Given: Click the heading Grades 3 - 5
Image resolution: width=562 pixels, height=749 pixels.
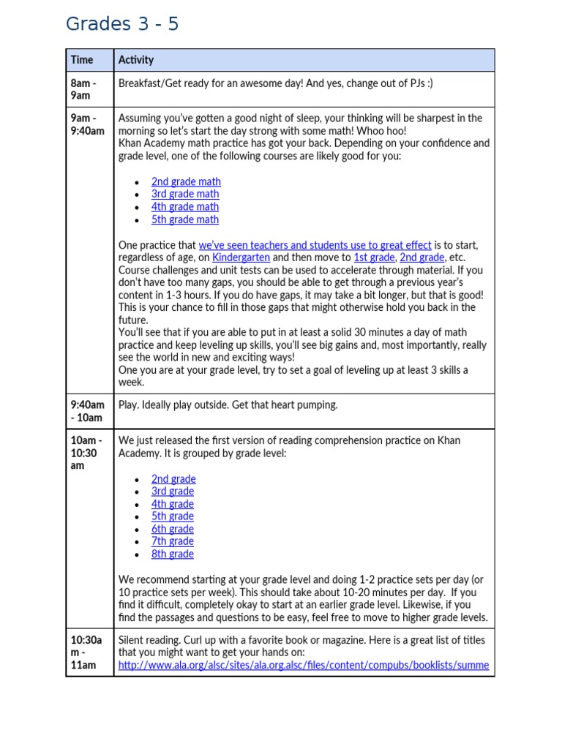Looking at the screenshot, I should click(x=121, y=24).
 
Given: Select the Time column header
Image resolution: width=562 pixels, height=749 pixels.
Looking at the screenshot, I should click(x=82, y=60).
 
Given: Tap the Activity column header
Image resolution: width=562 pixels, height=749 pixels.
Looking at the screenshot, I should click(x=136, y=60).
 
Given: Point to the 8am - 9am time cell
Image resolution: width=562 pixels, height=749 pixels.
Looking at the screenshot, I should click(x=83, y=89).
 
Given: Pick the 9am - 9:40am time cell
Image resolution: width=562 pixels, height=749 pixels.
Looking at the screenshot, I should click(x=87, y=124).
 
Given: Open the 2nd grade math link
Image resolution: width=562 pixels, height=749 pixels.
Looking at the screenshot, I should click(x=186, y=181).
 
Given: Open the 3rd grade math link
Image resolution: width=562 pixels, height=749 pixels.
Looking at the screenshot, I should click(x=185, y=194).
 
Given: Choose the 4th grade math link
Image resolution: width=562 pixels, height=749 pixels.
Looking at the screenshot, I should click(x=185, y=207).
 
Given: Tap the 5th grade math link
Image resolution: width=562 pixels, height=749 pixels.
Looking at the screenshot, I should click(x=185, y=219).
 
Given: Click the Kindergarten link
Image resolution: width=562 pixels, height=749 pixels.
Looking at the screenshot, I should click(x=241, y=257).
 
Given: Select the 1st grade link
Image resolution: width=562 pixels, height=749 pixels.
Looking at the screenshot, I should click(x=373, y=257).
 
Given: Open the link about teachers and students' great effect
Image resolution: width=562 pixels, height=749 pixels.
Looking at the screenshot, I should click(x=315, y=245).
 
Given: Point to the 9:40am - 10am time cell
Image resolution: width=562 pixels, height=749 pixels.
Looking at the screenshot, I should click(x=87, y=411).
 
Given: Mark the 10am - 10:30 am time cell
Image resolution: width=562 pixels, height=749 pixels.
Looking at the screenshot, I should click(x=86, y=453).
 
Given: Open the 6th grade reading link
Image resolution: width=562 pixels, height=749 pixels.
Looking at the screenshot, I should click(x=173, y=529).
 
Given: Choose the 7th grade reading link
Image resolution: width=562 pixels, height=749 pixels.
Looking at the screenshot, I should click(x=173, y=541).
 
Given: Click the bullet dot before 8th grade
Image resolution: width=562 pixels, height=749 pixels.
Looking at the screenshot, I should click(x=138, y=554).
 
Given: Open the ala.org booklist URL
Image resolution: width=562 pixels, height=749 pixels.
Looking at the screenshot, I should click(x=303, y=666).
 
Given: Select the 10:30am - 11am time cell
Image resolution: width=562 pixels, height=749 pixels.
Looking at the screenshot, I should click(x=86, y=652).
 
